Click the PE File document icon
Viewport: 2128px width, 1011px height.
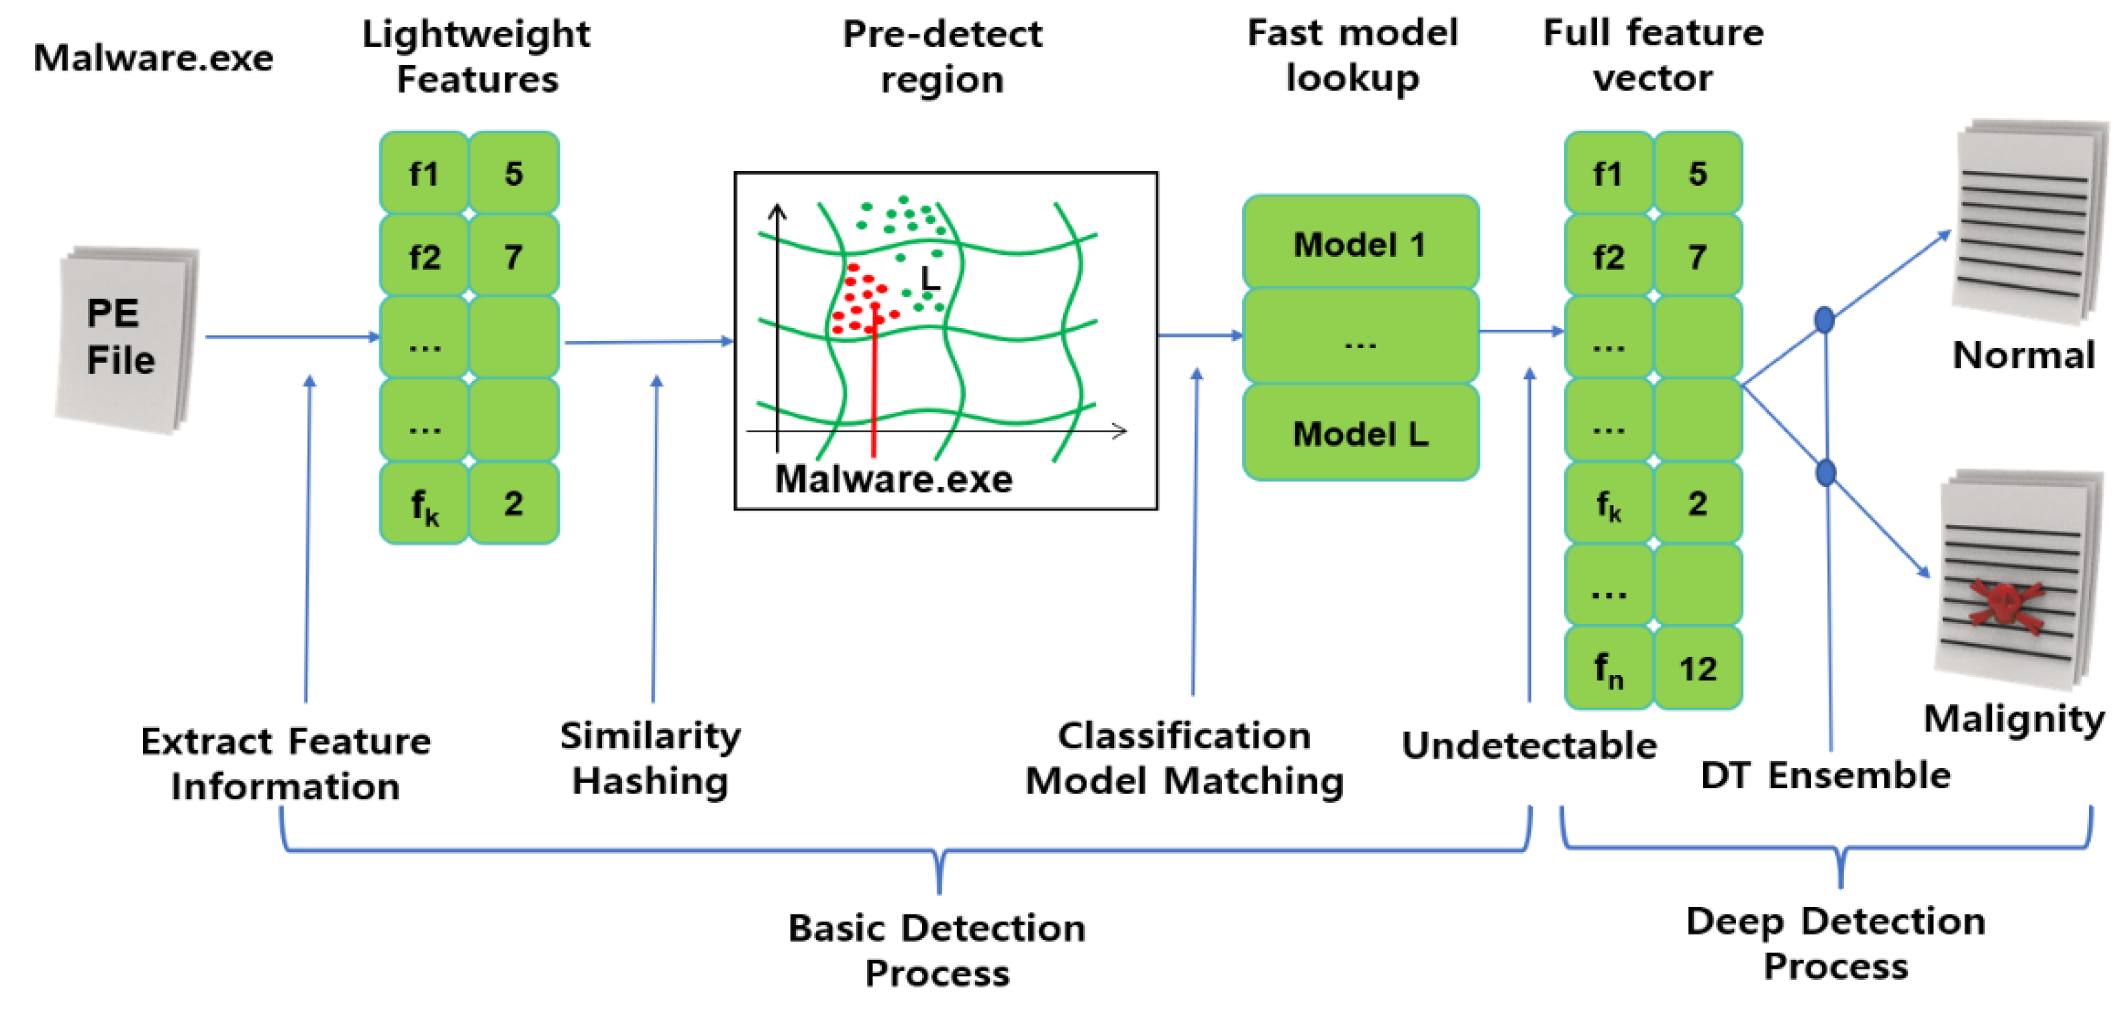point(126,339)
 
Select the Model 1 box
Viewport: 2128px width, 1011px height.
point(1360,244)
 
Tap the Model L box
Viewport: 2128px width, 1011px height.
point(1360,433)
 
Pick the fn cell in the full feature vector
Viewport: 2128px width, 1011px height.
point(1607,668)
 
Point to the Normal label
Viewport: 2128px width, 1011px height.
point(2023,355)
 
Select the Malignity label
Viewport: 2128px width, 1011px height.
point(2013,718)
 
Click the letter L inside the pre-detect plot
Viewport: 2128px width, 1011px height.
point(930,278)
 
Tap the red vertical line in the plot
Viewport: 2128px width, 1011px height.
point(873,388)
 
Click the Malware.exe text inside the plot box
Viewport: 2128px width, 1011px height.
point(893,479)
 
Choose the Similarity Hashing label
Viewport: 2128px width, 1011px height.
point(650,757)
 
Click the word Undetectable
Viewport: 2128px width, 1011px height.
point(1529,745)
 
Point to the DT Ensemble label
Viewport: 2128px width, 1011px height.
point(1825,775)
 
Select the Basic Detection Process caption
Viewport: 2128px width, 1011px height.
point(937,950)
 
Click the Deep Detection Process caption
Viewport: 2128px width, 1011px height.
point(1835,943)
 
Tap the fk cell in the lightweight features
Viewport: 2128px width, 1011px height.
point(425,503)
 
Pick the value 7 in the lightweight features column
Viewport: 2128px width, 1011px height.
point(513,256)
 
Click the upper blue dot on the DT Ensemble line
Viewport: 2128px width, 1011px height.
point(1824,319)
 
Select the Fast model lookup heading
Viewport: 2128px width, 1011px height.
point(1352,55)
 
